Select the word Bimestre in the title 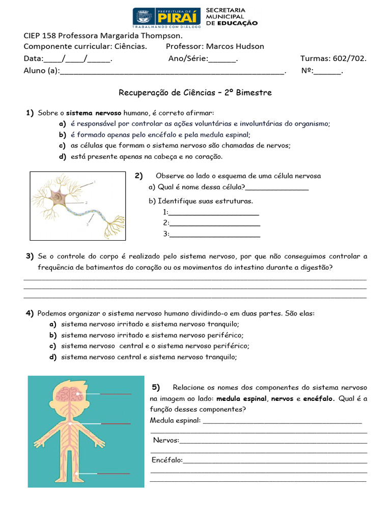[x=254, y=93]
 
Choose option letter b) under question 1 [x=63, y=135]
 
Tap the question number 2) [x=138, y=176]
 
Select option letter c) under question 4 [x=52, y=346]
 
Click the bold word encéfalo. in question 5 [x=319, y=399]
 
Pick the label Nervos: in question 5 [x=166, y=440]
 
